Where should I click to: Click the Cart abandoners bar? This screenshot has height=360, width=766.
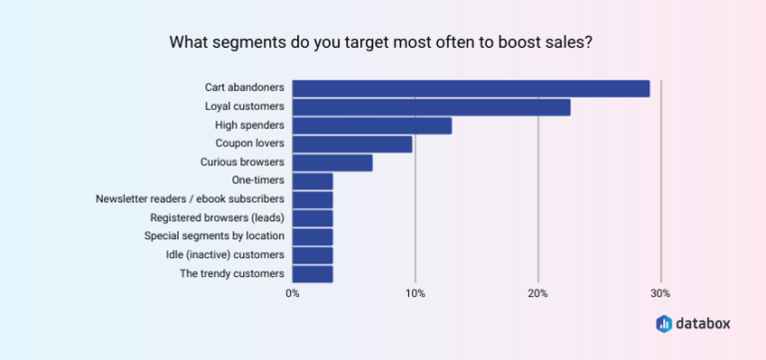[471, 89]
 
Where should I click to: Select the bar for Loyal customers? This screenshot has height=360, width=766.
[431, 107]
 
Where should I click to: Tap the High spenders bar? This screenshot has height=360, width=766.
[372, 126]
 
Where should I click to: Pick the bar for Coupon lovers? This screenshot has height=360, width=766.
[352, 145]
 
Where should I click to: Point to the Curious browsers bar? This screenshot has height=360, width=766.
[332, 163]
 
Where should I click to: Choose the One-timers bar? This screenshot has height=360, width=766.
[312, 180]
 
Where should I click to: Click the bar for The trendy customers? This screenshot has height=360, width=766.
[312, 273]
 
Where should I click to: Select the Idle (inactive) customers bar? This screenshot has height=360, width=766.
[312, 255]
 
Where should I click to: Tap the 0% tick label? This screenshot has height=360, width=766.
[292, 293]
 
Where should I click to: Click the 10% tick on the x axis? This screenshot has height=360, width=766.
[415, 293]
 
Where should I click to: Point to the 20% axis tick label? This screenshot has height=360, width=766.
[538, 293]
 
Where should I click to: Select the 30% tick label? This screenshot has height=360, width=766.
[660, 293]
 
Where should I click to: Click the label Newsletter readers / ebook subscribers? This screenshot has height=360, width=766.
[191, 198]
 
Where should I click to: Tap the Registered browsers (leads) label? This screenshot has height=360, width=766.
[217, 217]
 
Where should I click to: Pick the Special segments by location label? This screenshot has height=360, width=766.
[214, 235]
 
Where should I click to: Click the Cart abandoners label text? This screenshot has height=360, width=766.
[244, 88]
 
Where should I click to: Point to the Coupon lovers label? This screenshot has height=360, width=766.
[249, 144]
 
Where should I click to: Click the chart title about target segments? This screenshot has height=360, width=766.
[382, 43]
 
